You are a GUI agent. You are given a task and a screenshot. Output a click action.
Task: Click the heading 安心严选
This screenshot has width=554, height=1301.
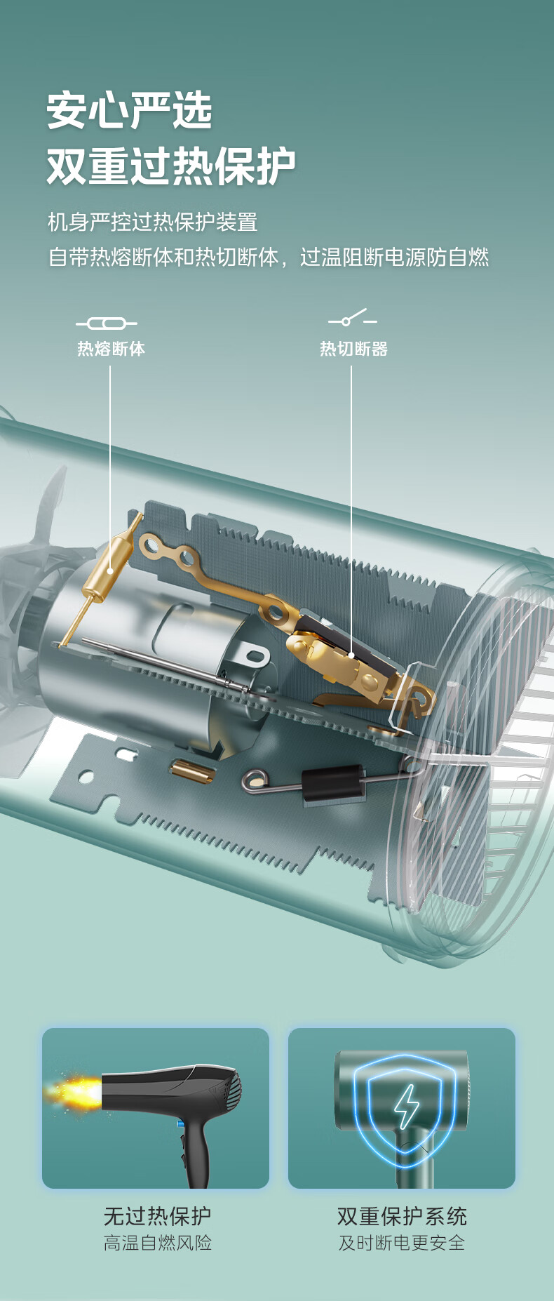[x=130, y=111]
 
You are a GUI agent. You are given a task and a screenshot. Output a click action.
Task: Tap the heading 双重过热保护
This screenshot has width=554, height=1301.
[x=171, y=166]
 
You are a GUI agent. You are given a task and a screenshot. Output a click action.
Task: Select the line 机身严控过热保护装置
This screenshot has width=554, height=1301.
[x=153, y=222]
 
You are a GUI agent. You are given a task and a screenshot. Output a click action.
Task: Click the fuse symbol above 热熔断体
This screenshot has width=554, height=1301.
[x=107, y=323]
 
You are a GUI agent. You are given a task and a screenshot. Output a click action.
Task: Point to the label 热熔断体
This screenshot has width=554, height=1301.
[x=111, y=349]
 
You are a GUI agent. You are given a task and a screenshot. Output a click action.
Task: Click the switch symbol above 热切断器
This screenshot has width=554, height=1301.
[x=353, y=319]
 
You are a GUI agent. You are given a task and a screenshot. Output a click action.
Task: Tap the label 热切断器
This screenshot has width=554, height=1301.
[x=353, y=349]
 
